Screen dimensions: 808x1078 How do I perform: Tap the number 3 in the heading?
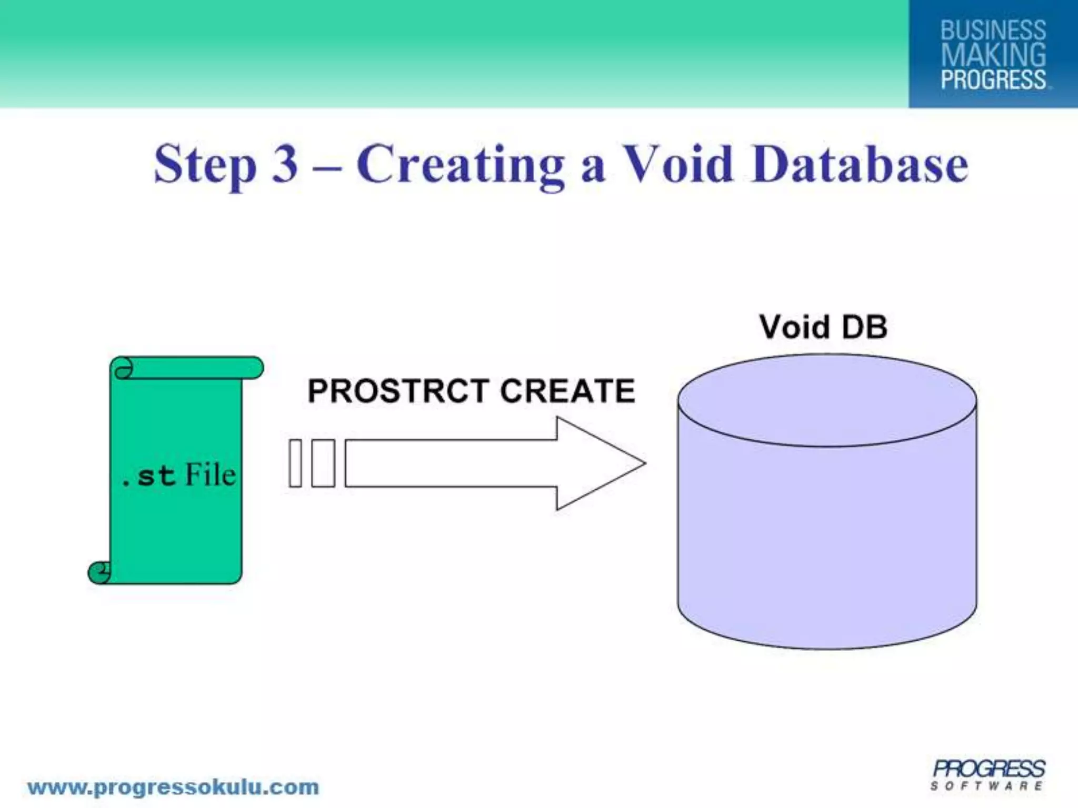tap(285, 164)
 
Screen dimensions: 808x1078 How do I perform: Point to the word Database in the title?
tap(860, 164)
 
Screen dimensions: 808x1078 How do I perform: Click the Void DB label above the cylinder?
tap(823, 327)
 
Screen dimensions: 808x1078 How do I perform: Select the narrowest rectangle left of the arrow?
tap(295, 463)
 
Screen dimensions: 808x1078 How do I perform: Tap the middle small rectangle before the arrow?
tap(323, 463)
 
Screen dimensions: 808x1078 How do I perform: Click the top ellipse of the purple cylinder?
tap(826, 401)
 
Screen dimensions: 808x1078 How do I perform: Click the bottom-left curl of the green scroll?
tap(99, 572)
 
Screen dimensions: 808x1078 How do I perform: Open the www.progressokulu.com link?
tap(173, 787)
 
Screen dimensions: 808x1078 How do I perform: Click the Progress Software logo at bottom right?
tap(988, 775)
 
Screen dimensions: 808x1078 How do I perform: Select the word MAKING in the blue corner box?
tap(993, 55)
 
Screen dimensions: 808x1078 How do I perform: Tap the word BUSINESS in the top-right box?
tap(993, 31)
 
